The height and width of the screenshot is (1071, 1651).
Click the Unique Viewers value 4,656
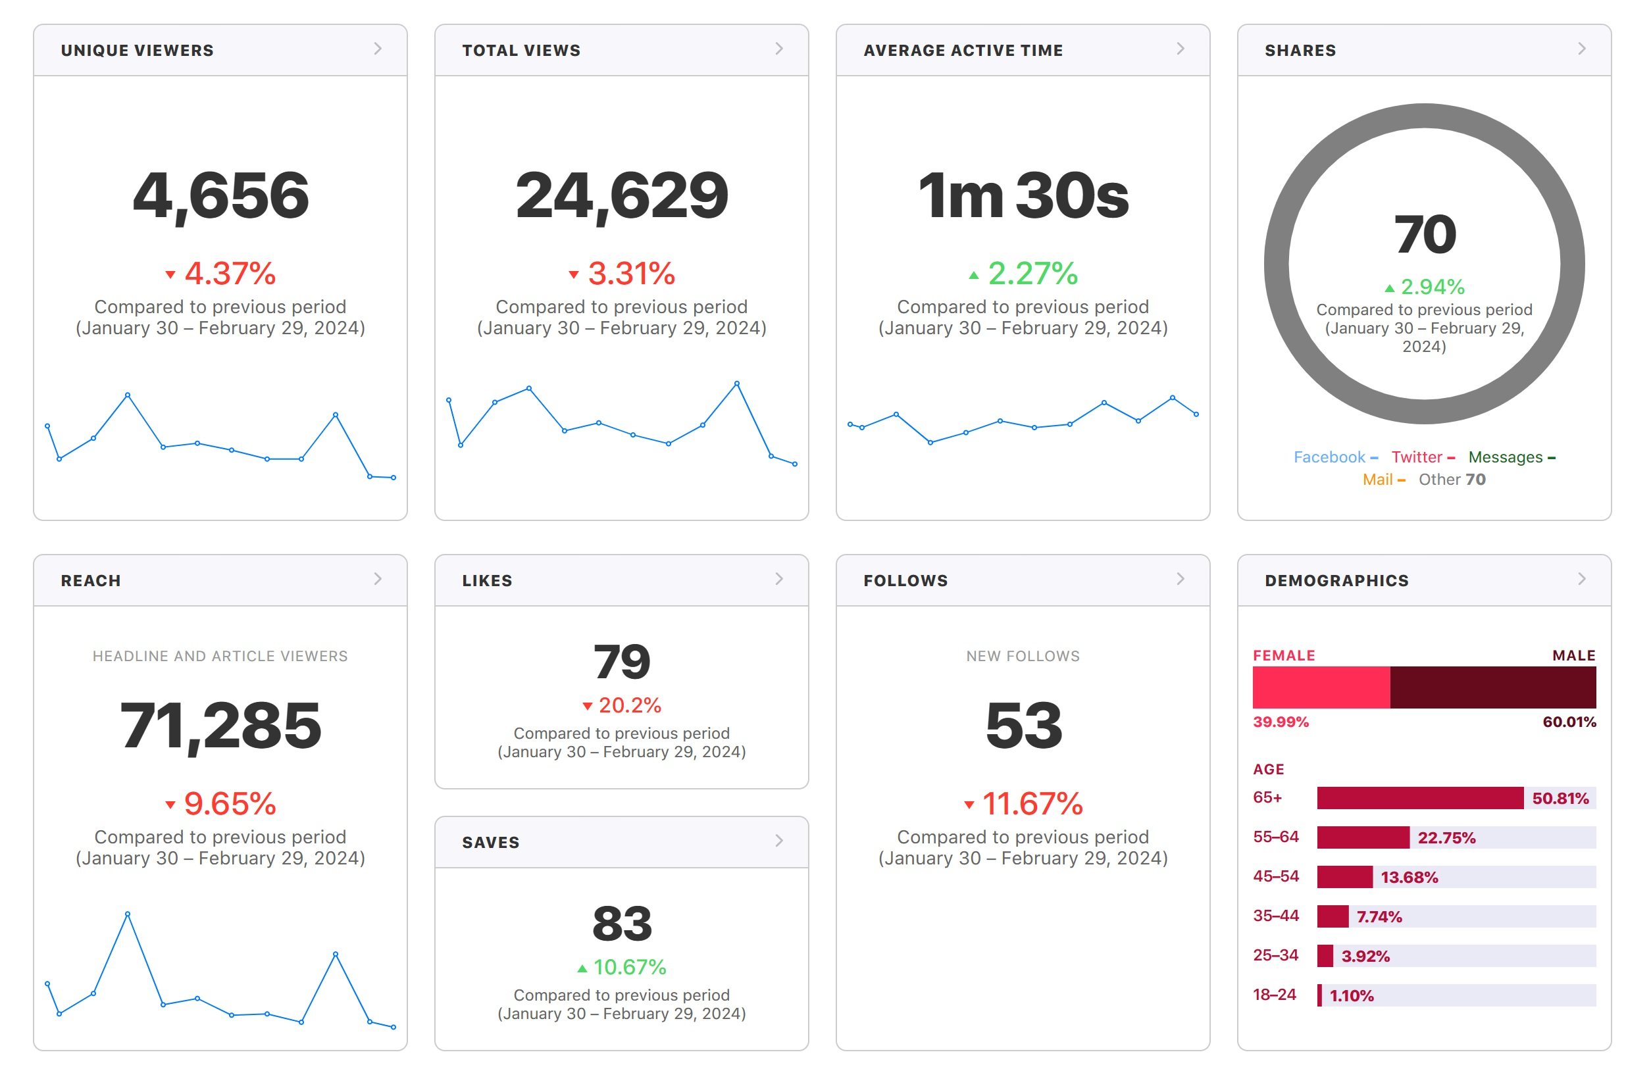click(220, 196)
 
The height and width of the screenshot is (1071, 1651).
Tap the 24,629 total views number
click(622, 196)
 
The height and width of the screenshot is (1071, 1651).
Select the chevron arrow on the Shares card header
click(1582, 49)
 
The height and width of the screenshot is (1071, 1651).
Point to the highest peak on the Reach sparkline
click(128, 914)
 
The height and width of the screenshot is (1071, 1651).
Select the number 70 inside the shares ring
click(1425, 234)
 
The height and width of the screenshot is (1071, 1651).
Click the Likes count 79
click(622, 662)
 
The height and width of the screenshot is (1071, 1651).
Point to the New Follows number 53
click(1023, 726)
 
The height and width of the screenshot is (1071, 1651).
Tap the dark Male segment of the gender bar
click(1493, 687)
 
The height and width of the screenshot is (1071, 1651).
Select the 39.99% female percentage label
click(1281, 722)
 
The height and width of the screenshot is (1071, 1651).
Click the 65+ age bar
click(1420, 798)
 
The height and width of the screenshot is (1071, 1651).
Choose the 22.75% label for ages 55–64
click(1446, 838)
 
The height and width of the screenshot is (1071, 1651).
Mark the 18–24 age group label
click(1275, 995)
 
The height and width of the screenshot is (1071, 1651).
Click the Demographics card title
click(1336, 581)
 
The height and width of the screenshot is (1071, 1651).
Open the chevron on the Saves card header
click(779, 841)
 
